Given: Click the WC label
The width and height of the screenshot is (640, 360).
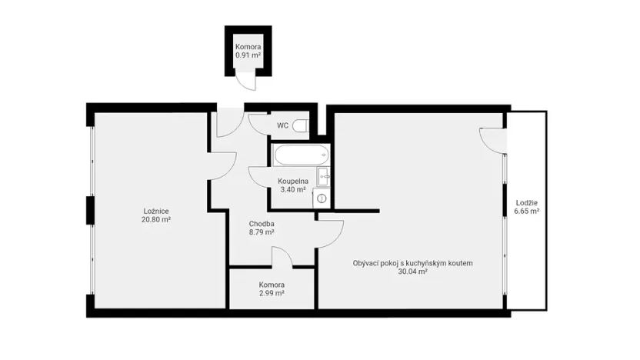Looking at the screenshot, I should (282, 125).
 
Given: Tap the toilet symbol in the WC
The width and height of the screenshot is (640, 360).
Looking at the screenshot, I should (302, 125).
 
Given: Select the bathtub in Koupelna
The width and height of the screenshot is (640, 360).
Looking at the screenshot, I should (294, 155).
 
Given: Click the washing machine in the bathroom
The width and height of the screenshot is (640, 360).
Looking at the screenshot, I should (322, 198).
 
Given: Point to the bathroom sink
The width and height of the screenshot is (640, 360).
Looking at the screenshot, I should (323, 175).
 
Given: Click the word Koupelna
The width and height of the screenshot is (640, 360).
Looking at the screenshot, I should (293, 182).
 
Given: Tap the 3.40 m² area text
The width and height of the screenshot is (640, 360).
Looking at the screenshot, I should (293, 190).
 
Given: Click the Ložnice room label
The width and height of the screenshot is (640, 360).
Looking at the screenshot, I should (156, 212).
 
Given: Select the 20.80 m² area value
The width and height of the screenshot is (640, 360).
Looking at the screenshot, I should (156, 220).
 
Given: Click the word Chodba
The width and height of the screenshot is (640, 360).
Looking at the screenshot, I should (262, 225).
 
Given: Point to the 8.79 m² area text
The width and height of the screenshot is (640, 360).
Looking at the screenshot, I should (262, 233).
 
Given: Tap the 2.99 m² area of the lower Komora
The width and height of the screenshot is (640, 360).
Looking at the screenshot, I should (272, 294).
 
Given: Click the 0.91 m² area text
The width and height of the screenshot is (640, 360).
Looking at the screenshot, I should (248, 56).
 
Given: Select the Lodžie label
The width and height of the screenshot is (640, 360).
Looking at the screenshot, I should (526, 203).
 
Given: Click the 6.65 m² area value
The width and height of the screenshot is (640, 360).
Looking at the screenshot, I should (526, 212).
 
